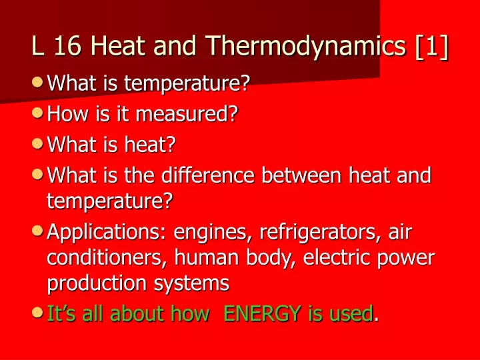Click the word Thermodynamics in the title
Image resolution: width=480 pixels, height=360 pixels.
pyautogui.click(x=305, y=47)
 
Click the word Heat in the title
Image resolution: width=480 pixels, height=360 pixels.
pyautogui.click(x=118, y=45)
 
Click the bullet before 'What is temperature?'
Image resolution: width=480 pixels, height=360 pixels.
pyautogui.click(x=37, y=82)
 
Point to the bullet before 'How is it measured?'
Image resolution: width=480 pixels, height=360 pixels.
pyautogui.click(x=37, y=113)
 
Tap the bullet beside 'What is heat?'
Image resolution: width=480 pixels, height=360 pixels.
pyautogui.click(x=37, y=143)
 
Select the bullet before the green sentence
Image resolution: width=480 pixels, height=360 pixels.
pyautogui.click(x=37, y=313)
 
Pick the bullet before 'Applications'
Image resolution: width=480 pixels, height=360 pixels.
pyautogui.click(x=37, y=231)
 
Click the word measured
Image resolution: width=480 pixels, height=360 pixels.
pyautogui.click(x=187, y=114)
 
